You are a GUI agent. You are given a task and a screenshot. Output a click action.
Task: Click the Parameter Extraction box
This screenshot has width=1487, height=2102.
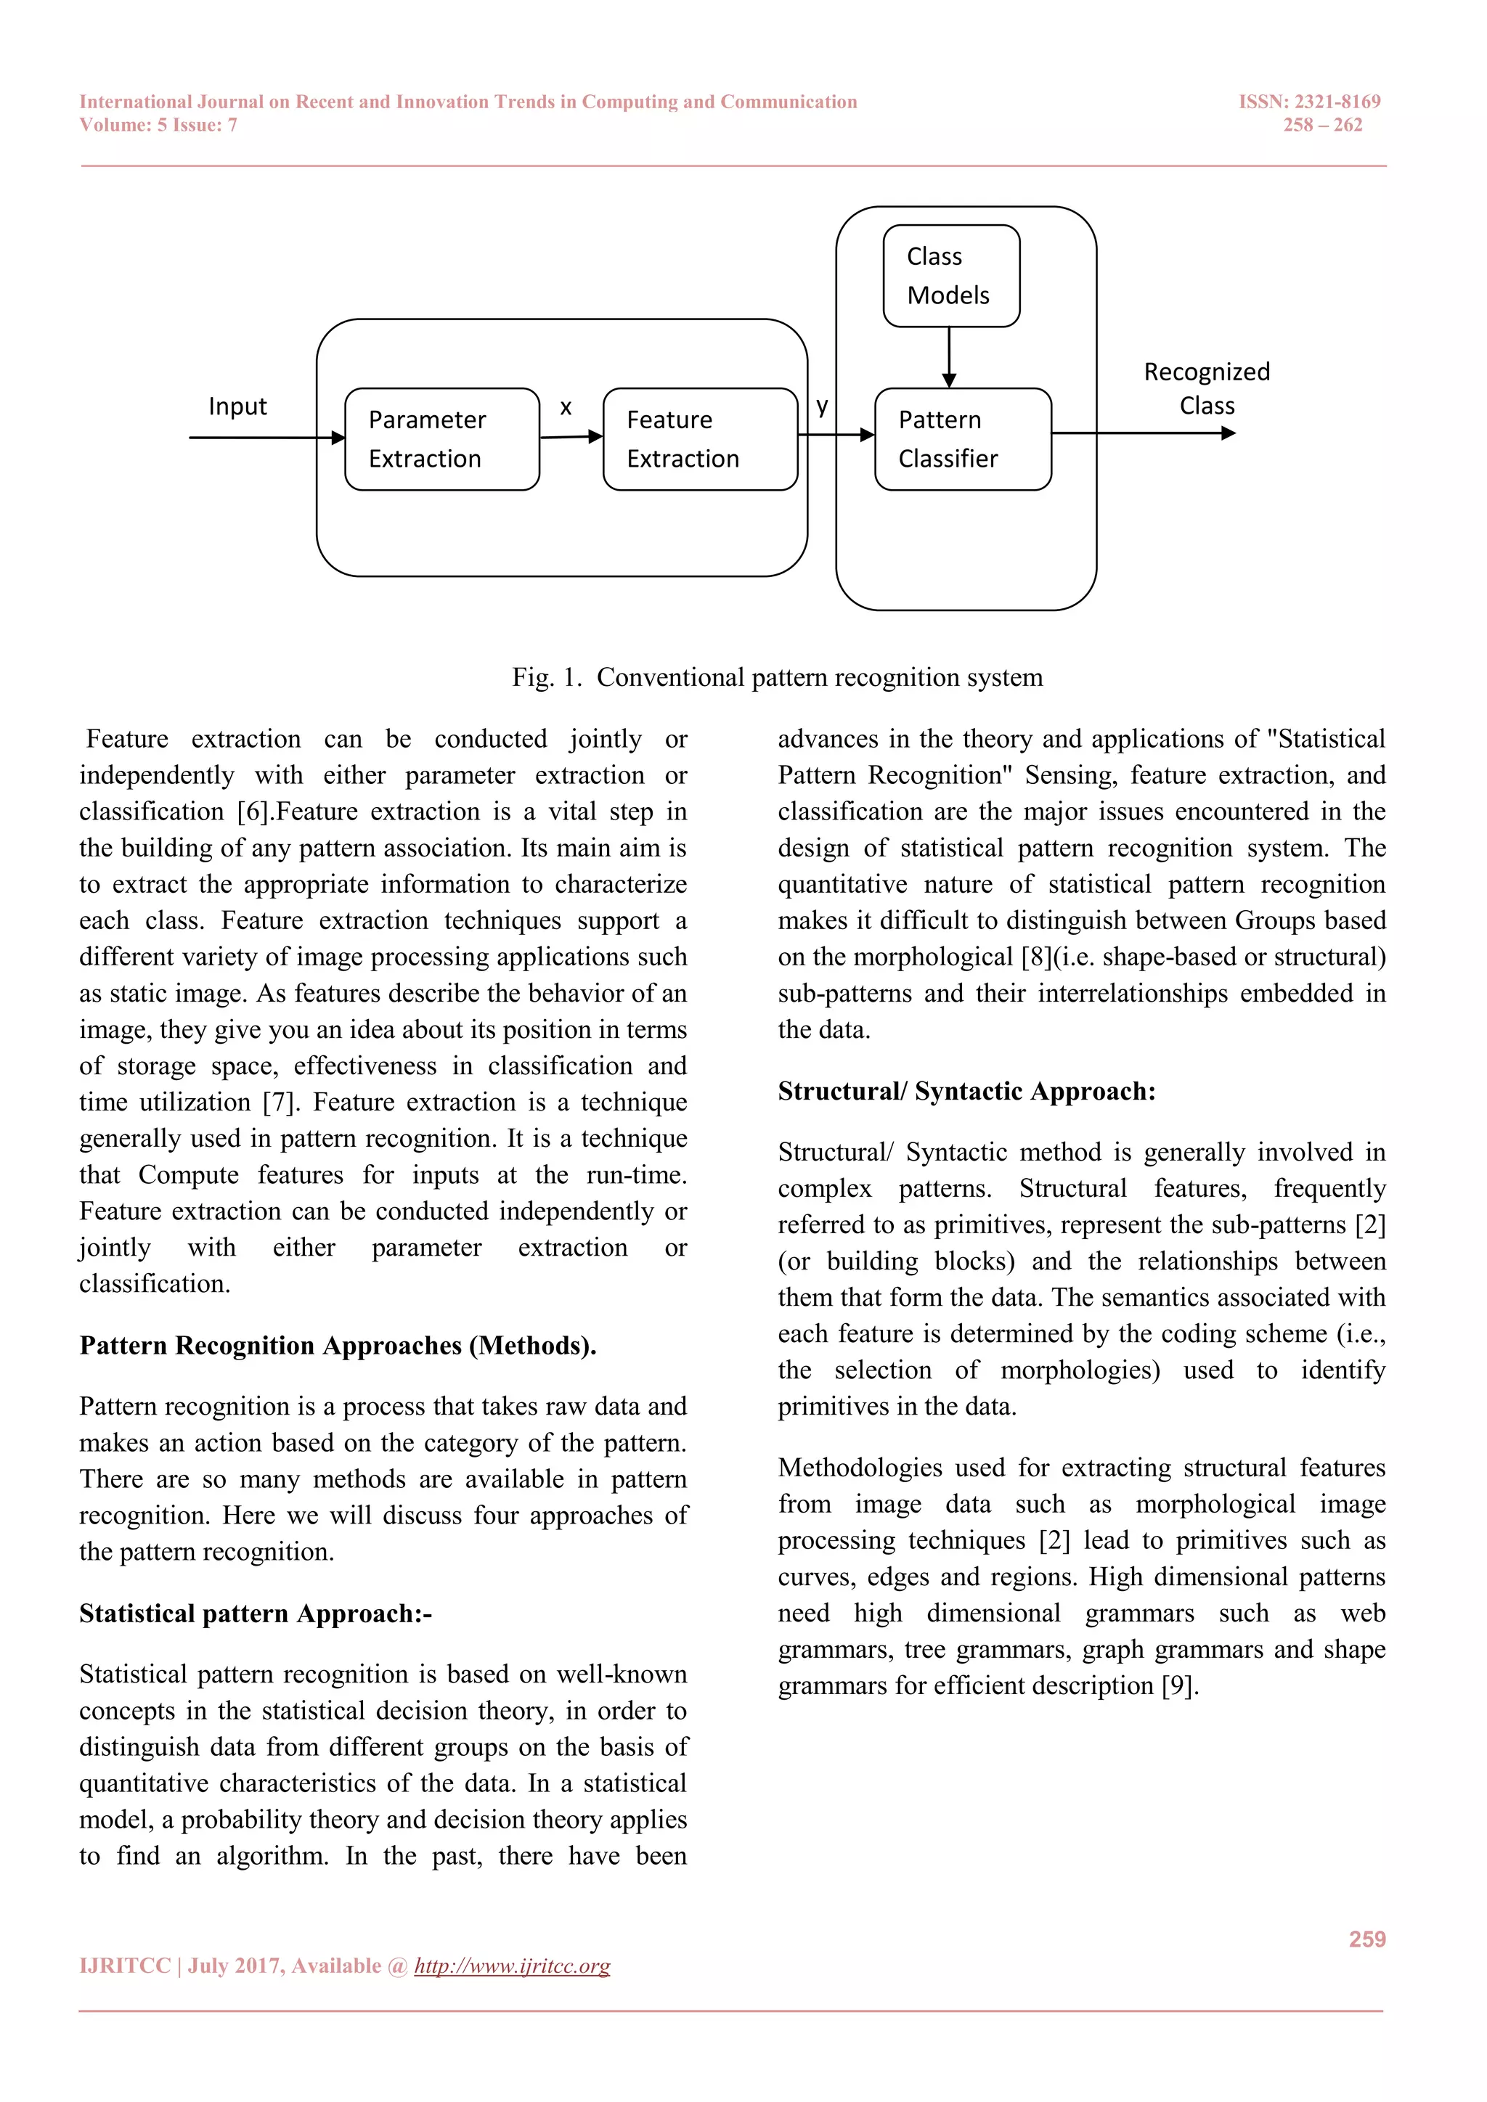pos(441,439)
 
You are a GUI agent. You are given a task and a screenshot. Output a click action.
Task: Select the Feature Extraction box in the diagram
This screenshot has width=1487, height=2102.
pos(701,439)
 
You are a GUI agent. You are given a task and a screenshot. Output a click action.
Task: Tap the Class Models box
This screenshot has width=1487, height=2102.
pos(950,276)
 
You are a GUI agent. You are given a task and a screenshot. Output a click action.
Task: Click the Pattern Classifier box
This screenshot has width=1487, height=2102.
pos(962,439)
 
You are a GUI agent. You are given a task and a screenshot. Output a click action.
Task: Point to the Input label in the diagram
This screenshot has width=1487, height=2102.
pos(237,406)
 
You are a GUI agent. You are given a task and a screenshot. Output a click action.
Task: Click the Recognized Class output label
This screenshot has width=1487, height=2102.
pos(1207,388)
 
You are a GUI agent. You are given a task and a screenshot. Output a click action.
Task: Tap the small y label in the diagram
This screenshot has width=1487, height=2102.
pos(822,406)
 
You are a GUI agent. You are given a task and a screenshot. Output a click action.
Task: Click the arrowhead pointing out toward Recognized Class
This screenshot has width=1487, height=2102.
pos(1229,433)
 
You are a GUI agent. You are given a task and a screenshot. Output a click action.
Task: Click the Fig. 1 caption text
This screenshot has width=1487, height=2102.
pos(776,677)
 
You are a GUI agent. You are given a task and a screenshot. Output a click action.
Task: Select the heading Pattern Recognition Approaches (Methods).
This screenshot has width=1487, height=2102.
pos(338,1346)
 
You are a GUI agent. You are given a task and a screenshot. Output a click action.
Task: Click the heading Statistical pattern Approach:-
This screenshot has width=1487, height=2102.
pos(256,1613)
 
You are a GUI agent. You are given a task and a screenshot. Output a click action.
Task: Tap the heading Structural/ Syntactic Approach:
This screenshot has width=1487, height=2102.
pos(966,1091)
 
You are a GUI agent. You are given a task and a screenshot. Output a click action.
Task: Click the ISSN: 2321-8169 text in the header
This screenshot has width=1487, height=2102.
pos(1309,102)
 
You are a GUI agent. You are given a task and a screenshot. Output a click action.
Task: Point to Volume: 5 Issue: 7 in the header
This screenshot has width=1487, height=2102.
pos(158,126)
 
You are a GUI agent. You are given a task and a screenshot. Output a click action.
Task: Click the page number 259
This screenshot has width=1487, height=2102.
pos(1366,1939)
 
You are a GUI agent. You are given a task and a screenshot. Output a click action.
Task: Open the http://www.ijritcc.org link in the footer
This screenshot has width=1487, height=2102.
pos(512,1966)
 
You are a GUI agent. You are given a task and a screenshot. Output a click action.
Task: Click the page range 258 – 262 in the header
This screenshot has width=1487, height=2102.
pos(1322,126)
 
